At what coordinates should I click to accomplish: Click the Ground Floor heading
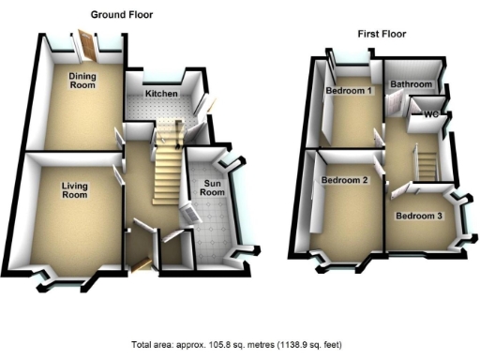[121, 15]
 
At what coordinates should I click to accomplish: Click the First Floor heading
[382, 34]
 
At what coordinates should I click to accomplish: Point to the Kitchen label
[160, 95]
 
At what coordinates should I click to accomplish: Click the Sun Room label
[213, 187]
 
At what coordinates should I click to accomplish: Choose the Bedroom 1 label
[348, 91]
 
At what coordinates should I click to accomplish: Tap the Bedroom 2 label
[343, 180]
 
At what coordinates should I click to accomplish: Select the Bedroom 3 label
[418, 216]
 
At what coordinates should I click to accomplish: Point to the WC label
[431, 114]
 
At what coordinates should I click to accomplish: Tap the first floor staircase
[426, 162]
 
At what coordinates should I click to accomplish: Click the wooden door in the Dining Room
[86, 43]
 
